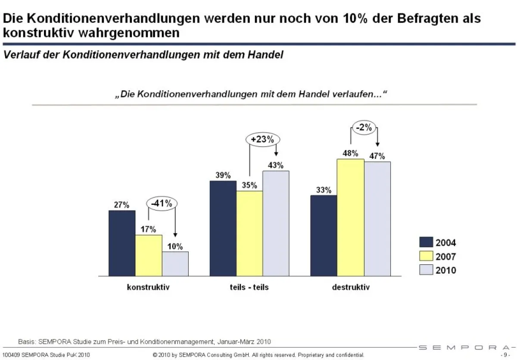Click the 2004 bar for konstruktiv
122,243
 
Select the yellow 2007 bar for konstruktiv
149,255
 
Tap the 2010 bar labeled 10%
175,263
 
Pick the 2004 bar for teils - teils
223,228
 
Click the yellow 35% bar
249,233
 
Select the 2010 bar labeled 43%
276,223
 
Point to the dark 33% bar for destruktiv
324,235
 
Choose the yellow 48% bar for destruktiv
350,217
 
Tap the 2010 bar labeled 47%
377,219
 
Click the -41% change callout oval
162,203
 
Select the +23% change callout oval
263,140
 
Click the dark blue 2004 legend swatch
426,243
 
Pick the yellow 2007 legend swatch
426,257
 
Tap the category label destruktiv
350,287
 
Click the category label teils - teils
249,287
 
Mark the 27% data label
121,205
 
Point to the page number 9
506,355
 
